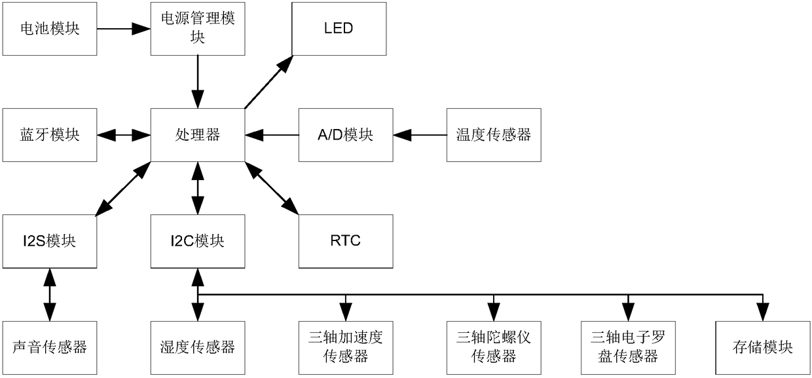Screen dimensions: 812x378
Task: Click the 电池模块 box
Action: coord(50,29)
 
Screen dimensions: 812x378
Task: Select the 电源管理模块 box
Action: coord(198,29)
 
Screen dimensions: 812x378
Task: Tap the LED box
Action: coord(339,29)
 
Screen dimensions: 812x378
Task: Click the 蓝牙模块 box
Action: coord(50,135)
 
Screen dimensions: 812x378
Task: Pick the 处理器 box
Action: coord(198,135)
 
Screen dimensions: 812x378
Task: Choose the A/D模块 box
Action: coord(346,135)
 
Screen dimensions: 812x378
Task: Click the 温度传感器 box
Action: coord(494,135)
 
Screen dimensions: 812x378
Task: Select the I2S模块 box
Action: coord(50,241)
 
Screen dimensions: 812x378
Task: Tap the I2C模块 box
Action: coord(198,241)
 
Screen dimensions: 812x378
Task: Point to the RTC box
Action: coord(346,241)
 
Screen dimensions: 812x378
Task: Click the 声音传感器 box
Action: coord(50,347)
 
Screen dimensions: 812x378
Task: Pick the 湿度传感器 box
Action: coord(198,347)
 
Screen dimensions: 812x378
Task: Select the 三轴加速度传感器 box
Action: coord(346,347)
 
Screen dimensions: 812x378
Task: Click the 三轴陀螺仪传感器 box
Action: coord(494,347)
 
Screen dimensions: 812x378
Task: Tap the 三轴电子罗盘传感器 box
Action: coord(628,347)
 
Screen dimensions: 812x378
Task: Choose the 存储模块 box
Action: coord(763,347)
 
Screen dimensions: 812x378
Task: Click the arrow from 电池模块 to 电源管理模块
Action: coord(124,29)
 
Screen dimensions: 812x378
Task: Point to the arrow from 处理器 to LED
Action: coord(268,82)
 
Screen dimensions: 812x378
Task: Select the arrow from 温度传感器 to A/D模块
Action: coord(420,135)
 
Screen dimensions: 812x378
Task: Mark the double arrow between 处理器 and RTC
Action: coord(272,188)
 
